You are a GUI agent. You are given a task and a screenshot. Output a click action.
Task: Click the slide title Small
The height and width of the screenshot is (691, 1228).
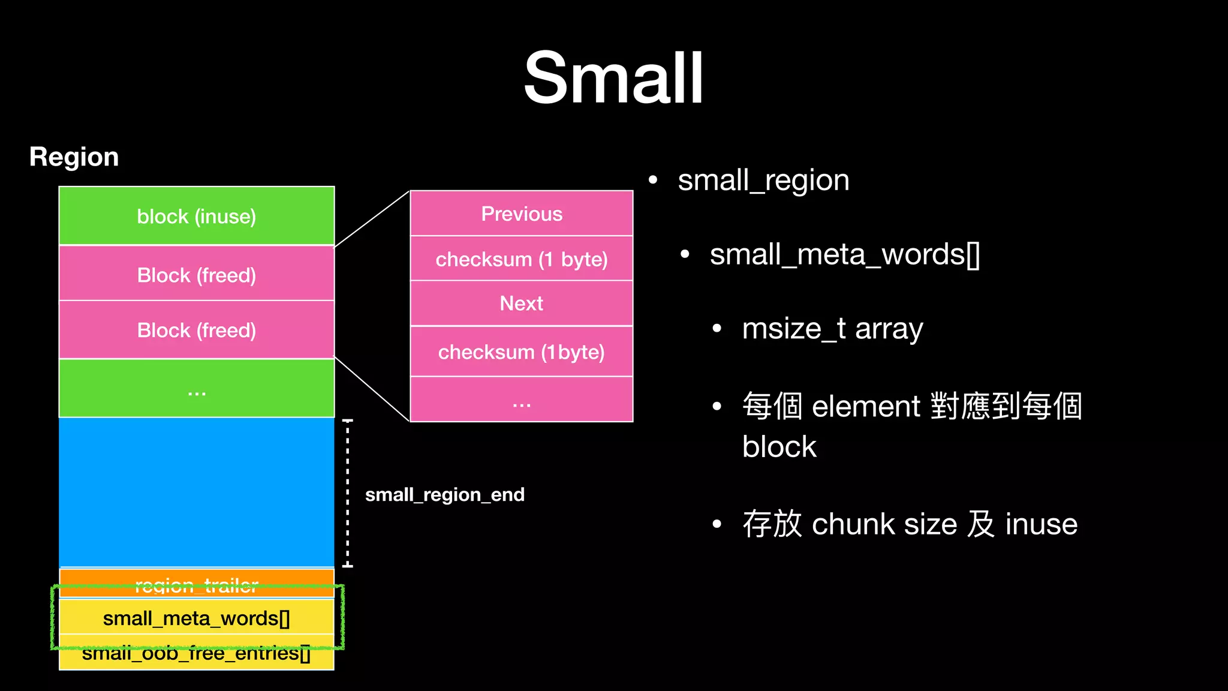[613, 78]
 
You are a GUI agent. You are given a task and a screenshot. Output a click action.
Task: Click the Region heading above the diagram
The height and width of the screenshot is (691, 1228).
[74, 157]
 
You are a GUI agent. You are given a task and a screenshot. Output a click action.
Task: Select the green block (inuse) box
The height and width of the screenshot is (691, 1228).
[197, 216]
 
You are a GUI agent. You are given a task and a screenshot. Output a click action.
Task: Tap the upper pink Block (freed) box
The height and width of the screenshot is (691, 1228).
[197, 275]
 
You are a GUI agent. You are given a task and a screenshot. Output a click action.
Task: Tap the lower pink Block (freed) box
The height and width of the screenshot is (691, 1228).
[197, 330]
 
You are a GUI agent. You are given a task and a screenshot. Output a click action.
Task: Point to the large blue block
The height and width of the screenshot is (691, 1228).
[197, 492]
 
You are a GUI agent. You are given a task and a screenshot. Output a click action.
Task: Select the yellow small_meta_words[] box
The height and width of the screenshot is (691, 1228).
[197, 618]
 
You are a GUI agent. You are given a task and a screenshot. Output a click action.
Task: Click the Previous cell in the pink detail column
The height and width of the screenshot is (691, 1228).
[522, 214]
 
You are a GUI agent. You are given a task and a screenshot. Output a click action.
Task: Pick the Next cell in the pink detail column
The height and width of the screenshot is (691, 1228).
[522, 304]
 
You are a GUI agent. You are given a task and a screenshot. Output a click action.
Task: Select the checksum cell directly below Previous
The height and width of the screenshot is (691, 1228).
[522, 259]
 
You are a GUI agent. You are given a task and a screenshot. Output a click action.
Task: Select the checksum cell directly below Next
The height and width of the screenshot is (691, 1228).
[522, 352]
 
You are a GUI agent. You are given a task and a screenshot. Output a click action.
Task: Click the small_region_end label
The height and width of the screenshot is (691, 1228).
[444, 495]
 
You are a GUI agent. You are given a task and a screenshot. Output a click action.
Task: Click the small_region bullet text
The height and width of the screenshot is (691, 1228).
[763, 180]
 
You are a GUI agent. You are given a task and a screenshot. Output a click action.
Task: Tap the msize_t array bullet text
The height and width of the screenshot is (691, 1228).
[832, 329]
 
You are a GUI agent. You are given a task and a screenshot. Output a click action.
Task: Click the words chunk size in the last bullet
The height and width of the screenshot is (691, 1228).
[884, 524]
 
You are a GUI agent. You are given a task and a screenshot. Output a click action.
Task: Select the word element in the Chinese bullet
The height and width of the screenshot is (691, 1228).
[865, 407]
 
